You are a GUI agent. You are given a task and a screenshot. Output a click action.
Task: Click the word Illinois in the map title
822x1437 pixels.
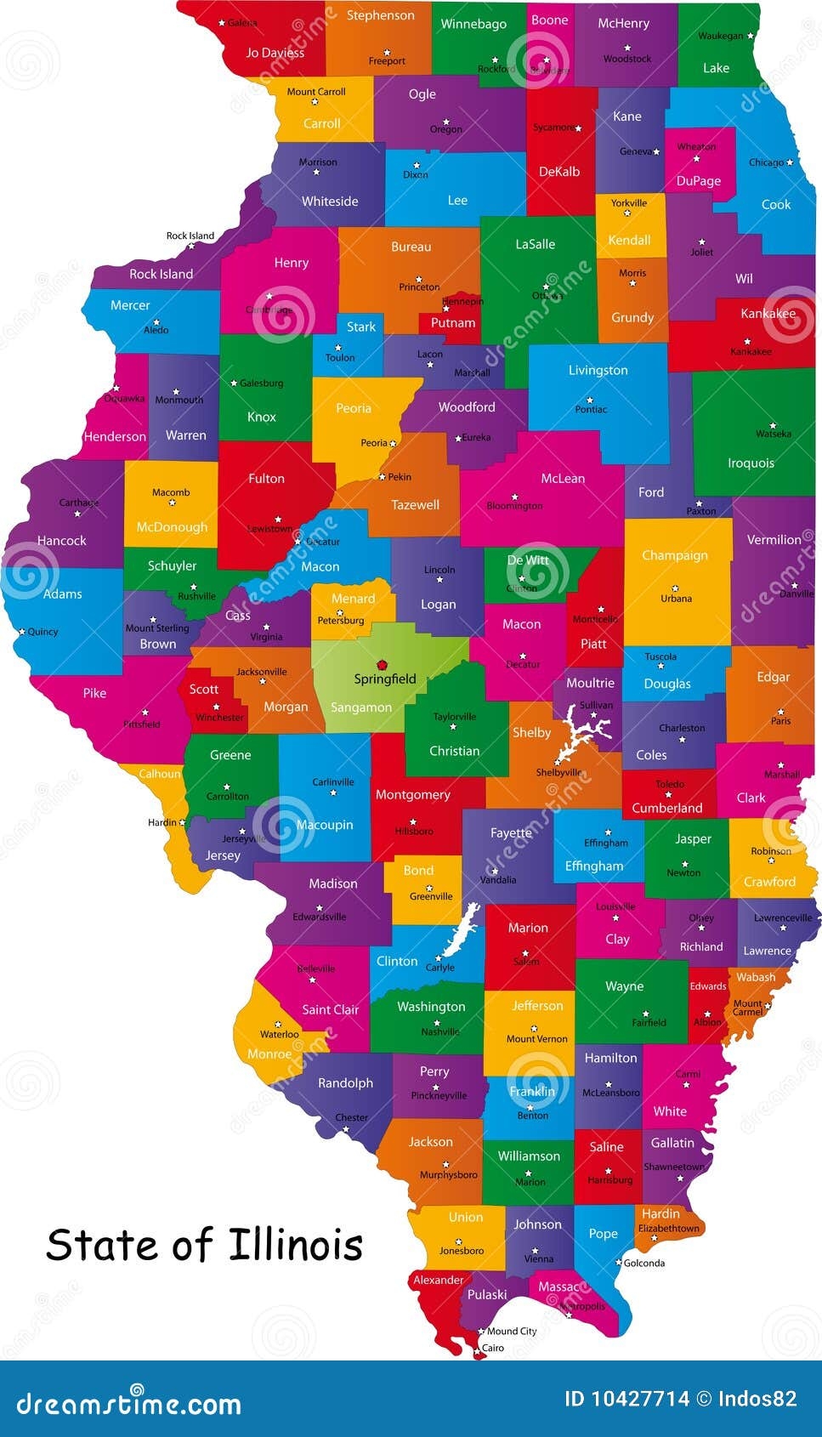click(295, 1246)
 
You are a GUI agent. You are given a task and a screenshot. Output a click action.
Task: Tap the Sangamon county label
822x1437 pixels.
click(361, 707)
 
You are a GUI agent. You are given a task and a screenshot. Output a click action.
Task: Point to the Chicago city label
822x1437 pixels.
click(766, 162)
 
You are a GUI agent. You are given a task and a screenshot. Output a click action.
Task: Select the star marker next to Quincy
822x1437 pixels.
click(22, 632)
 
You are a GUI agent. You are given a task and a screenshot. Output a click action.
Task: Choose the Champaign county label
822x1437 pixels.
click(675, 555)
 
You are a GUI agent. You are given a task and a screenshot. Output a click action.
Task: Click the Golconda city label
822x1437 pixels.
click(644, 1263)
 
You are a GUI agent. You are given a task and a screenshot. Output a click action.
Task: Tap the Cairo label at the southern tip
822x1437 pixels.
click(493, 1348)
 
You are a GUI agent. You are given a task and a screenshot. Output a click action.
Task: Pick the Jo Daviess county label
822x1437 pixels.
click(275, 53)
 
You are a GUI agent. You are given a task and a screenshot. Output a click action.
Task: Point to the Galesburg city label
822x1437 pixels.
click(261, 383)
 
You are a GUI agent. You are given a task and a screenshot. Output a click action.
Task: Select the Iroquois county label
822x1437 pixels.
click(751, 463)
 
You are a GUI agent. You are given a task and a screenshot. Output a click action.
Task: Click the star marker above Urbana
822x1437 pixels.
click(675, 588)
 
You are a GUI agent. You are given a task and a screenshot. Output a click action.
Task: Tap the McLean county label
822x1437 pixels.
click(563, 479)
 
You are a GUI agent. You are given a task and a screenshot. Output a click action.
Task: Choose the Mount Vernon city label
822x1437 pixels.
click(536, 1039)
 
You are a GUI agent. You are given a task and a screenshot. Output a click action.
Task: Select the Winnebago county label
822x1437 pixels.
click(473, 24)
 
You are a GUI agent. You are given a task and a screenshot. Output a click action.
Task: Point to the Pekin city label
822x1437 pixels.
click(400, 477)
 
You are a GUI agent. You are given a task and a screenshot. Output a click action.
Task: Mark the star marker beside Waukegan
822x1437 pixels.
click(750, 37)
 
